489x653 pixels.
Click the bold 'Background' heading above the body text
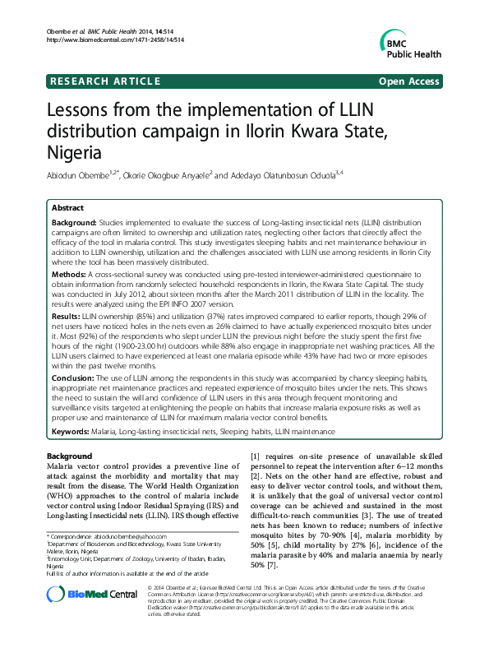pyautogui.click(x=70, y=455)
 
